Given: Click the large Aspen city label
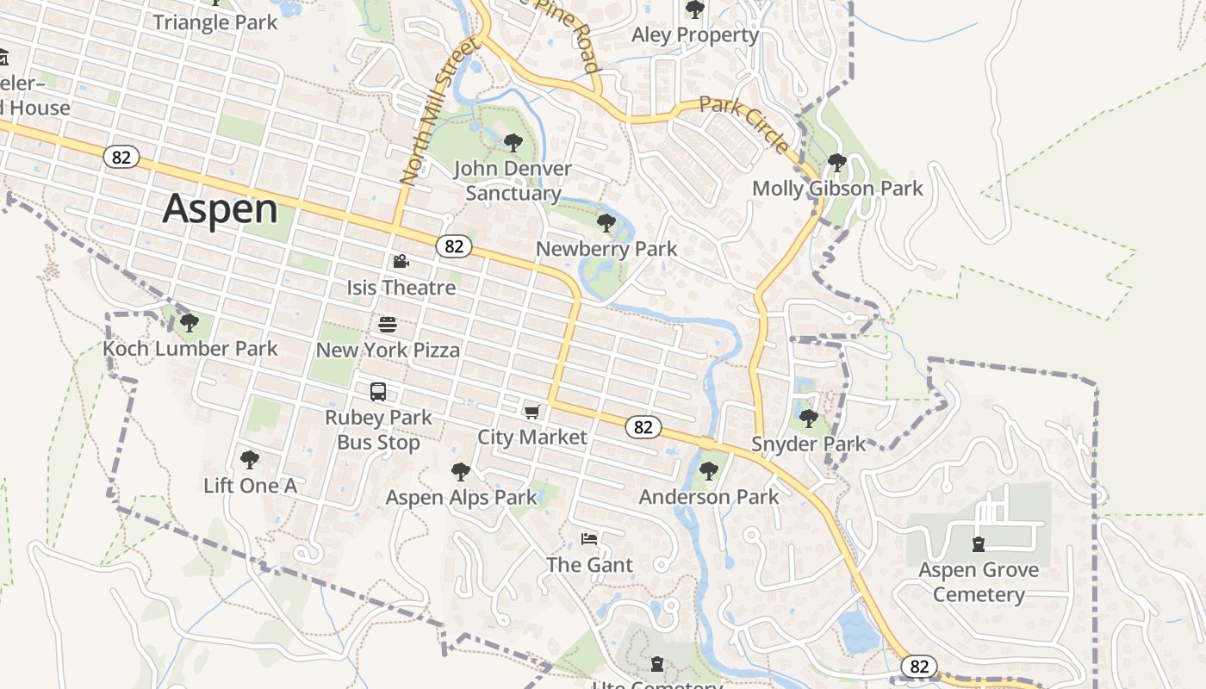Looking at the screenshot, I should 221,209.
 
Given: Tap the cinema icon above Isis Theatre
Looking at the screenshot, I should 401,262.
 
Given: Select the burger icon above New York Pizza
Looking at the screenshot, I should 388,325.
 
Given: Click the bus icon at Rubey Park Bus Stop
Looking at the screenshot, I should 378,392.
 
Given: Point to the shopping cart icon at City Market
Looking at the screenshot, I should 532,413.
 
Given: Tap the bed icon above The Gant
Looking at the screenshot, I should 589,540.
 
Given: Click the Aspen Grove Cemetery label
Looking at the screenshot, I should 979,582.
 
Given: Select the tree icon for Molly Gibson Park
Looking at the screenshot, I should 836,162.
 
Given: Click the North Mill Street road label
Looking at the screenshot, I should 438,112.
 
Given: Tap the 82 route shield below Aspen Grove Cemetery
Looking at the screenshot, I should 919,666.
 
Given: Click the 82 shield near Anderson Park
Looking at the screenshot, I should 643,427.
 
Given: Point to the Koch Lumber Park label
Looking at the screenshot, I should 190,349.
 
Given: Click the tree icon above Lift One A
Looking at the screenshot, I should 250,460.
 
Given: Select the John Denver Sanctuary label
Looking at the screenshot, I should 513,181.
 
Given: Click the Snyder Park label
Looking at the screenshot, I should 808,444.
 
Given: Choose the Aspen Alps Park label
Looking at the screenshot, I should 461,498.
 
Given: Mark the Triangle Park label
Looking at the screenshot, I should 215,22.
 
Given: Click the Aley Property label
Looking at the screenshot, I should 695,35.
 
